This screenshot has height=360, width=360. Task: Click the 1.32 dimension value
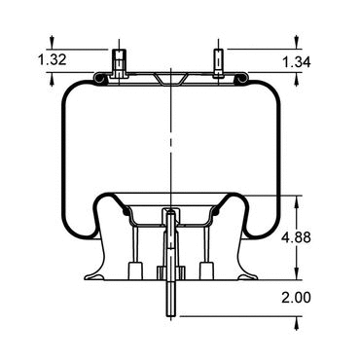tap(53, 59)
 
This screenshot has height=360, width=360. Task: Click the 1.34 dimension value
tap(297, 62)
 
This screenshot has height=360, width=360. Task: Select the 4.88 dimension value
tap(296, 237)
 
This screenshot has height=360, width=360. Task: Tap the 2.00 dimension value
tap(296, 298)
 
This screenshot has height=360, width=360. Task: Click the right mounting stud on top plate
tap(218, 63)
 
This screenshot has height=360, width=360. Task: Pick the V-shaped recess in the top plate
tap(170, 80)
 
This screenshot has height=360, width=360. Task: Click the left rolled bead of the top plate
tap(99, 79)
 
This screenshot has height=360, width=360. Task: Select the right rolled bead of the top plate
tap(242, 79)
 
